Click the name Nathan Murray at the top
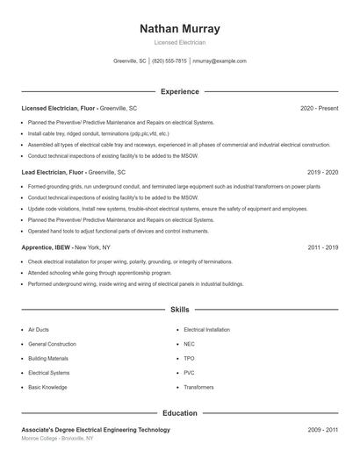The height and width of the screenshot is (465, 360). click(180, 29)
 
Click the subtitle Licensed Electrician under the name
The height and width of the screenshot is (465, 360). click(180, 43)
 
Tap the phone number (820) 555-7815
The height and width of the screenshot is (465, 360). click(169, 61)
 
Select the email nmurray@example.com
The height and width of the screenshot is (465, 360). click(220, 61)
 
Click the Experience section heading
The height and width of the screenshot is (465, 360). click(180, 91)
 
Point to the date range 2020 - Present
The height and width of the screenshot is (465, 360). click(319, 108)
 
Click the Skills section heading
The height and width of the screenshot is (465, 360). click(180, 310)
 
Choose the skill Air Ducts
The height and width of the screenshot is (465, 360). click(39, 330)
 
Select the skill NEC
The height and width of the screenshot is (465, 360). click(190, 344)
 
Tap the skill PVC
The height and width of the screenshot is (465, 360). click(190, 372)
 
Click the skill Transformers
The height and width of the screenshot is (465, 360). click(198, 386)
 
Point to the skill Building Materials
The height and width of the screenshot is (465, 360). click(48, 358)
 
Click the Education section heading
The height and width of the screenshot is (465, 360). click(180, 413)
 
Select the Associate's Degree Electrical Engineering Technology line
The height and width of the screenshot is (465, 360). click(96, 430)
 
